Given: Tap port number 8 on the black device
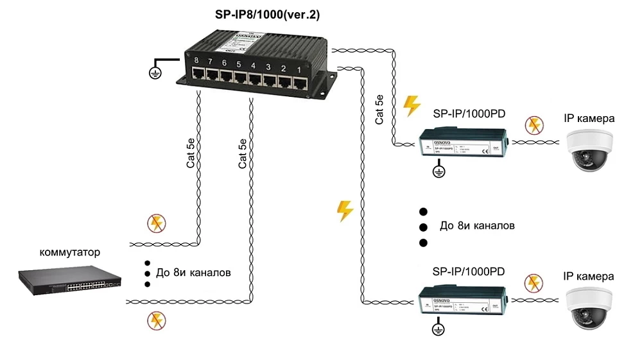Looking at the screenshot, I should pos(197,73).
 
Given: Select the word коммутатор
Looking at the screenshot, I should pos(70,251).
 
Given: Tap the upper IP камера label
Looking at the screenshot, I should pos(589,119).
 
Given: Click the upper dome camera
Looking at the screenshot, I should pos(589,150).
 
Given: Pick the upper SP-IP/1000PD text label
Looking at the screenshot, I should pos(469,114).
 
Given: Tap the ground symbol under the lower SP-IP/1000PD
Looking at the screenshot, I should pos(438,330).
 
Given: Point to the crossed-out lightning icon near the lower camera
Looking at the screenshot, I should pos(533,283).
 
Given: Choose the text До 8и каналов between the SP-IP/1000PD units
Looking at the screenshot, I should pos(477,226).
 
